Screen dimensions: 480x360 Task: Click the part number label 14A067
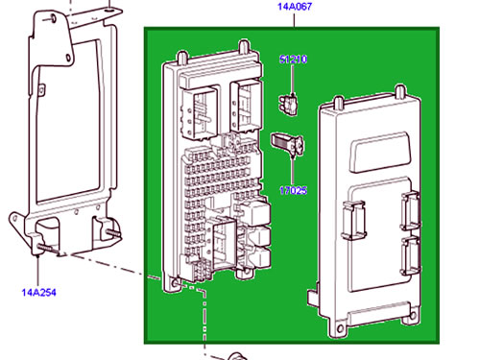coord(294,7)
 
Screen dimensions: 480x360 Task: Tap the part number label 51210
coord(293,60)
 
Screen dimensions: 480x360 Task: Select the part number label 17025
coord(293,191)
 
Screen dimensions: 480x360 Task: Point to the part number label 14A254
coord(38,292)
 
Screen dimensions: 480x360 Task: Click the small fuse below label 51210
coord(289,105)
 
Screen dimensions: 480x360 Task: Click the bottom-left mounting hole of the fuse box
coord(175,283)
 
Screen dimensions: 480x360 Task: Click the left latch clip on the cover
coord(353,220)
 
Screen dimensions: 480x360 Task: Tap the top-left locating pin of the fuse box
coord(181,58)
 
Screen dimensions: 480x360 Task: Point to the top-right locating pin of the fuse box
coord(244,47)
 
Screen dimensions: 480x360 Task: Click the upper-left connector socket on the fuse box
coord(199,112)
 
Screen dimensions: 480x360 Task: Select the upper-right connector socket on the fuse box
coord(247,107)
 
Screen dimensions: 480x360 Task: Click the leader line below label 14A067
coord(294,19)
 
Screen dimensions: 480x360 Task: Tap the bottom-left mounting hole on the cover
coord(339,328)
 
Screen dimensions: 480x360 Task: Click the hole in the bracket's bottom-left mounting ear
coord(14,219)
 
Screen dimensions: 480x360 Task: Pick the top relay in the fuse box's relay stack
coord(256,212)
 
